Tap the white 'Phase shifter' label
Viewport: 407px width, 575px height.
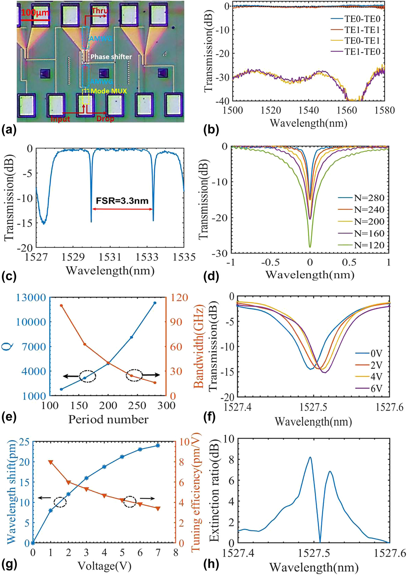click(111, 57)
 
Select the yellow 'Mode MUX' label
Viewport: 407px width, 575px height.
click(109, 91)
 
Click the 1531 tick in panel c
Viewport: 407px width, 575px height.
click(110, 257)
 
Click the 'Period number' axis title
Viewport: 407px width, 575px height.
click(108, 419)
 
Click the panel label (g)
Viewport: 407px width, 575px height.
click(8, 564)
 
